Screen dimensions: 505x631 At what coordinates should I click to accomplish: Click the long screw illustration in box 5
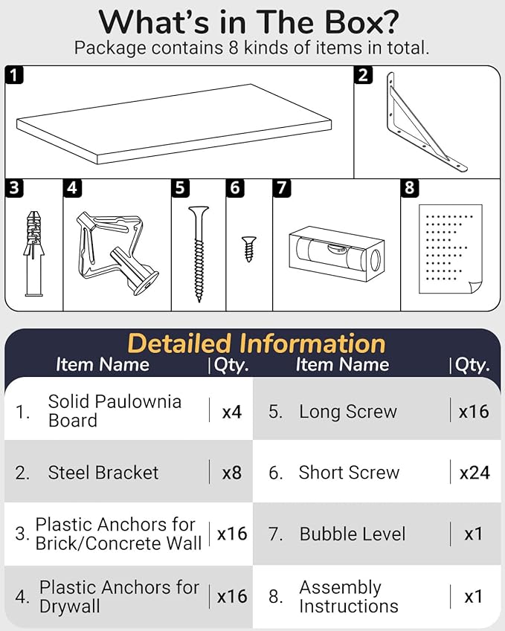click(x=199, y=253)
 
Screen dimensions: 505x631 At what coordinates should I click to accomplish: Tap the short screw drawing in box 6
click(x=249, y=249)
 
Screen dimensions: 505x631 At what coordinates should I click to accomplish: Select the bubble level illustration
click(x=337, y=253)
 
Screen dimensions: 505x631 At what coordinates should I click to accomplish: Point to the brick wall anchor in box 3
click(x=33, y=253)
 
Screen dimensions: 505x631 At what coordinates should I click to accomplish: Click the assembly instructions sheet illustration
click(x=451, y=250)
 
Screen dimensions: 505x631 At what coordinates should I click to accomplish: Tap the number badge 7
click(x=282, y=188)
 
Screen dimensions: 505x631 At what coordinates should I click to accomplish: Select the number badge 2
click(x=363, y=75)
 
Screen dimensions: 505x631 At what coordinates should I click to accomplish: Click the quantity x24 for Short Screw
click(x=475, y=473)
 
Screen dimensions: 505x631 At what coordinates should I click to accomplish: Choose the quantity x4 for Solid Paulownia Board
click(x=231, y=412)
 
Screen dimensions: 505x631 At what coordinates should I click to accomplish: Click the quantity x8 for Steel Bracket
click(x=231, y=473)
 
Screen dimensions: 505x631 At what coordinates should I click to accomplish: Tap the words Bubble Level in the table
click(x=353, y=534)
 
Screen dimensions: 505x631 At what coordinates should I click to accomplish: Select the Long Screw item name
click(x=348, y=411)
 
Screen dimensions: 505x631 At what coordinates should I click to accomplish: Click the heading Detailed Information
click(x=257, y=343)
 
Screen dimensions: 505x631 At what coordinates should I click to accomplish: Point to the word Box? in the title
click(x=361, y=22)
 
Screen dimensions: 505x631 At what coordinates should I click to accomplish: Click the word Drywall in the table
click(x=70, y=606)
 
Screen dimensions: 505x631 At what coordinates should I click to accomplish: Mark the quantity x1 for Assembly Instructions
click(x=473, y=596)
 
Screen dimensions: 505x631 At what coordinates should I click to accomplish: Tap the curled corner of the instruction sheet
click(x=475, y=288)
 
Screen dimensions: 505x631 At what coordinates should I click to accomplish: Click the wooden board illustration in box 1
click(x=174, y=124)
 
